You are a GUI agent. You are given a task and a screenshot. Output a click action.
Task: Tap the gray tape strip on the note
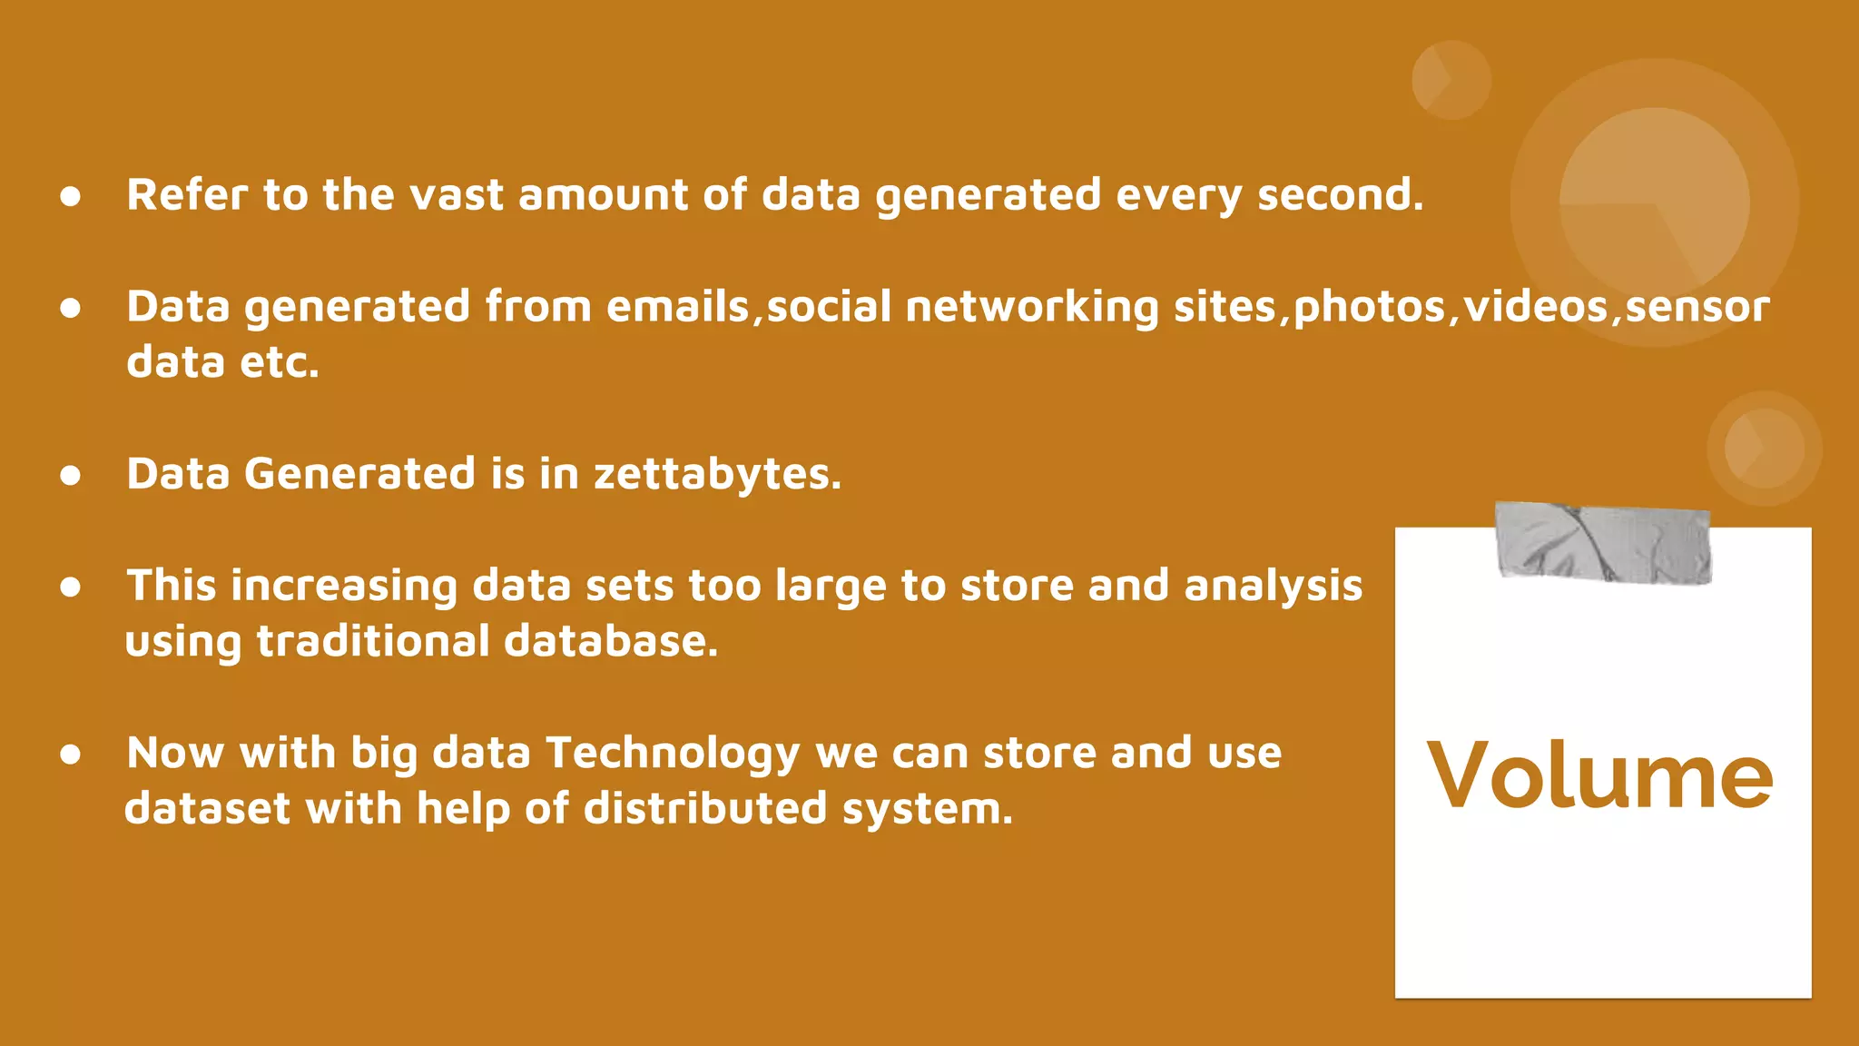pyautogui.click(x=1602, y=542)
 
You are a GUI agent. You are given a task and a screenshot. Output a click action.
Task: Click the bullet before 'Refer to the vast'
pyautogui.click(x=71, y=196)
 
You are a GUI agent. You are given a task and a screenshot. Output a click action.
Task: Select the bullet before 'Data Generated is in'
pyautogui.click(x=71, y=475)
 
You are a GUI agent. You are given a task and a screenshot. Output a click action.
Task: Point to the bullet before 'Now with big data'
pyautogui.click(x=71, y=754)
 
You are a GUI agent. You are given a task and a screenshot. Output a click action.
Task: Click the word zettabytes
pyautogui.click(x=716, y=474)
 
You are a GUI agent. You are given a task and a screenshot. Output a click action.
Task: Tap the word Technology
pyautogui.click(x=672, y=754)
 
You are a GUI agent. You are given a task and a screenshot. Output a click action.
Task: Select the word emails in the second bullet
pyautogui.click(x=677, y=307)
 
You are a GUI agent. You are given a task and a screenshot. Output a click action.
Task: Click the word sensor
pyautogui.click(x=1697, y=307)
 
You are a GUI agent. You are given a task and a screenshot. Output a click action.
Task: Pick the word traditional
pyautogui.click(x=373, y=642)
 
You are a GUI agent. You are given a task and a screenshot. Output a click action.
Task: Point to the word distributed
pyautogui.click(x=704, y=808)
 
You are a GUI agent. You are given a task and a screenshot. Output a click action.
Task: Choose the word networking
pyautogui.click(x=1031, y=307)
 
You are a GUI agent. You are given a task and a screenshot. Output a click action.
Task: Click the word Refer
pyautogui.click(x=187, y=195)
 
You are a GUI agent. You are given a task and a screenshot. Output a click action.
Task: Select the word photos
pyautogui.click(x=1369, y=307)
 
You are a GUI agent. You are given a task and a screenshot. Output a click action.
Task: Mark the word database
pyautogui.click(x=610, y=642)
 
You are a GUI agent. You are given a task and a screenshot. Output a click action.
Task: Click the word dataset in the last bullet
pyautogui.click(x=207, y=808)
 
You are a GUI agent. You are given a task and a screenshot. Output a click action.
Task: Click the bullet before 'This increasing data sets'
pyautogui.click(x=71, y=587)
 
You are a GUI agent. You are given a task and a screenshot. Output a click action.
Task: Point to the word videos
pyautogui.click(x=1535, y=307)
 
